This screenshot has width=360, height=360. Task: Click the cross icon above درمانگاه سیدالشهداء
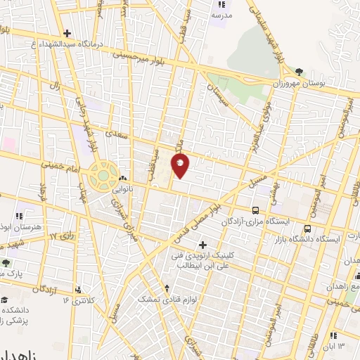67,33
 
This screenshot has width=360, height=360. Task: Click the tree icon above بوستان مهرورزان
300,71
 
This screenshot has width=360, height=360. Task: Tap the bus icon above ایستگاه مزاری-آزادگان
255,210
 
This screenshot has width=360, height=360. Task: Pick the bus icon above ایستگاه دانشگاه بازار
307,229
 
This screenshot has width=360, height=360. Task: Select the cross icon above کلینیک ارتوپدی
203,245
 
